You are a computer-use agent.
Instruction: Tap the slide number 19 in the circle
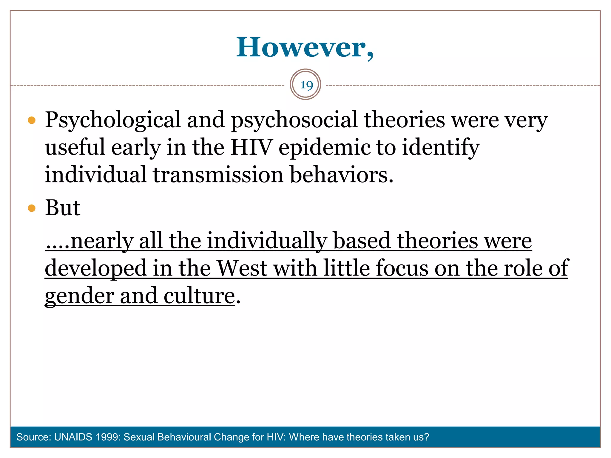tap(306, 85)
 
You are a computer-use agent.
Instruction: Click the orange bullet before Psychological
tap(32, 120)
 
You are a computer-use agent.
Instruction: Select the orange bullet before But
tap(32, 208)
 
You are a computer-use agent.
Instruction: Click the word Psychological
tap(113, 120)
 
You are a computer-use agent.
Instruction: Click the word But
tap(63, 208)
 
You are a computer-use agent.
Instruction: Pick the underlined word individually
tap(267, 241)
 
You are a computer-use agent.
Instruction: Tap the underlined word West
tap(242, 268)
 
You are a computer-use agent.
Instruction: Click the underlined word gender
tap(79, 296)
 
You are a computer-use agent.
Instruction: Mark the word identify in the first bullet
tap(441, 148)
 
